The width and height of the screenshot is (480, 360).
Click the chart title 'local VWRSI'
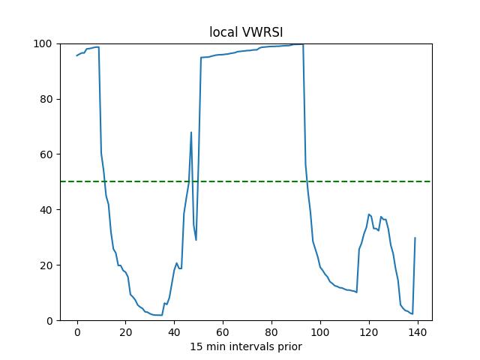coord(246,32)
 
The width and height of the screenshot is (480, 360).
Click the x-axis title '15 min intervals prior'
coord(246,346)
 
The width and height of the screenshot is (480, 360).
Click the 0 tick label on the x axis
coord(77,332)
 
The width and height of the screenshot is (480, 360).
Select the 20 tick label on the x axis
coord(126,332)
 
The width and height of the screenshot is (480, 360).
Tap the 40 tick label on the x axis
coord(175,332)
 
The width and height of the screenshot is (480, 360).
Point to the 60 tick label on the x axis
coord(223,332)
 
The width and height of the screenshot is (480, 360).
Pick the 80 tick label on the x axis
coord(271,332)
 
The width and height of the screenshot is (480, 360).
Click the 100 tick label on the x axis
coord(320,332)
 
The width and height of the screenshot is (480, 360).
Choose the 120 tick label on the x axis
coord(369,332)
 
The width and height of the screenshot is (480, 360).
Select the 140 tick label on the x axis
coord(418,332)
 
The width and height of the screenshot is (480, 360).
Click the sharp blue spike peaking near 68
coord(191,133)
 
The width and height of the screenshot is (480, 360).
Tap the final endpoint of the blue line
coord(415,238)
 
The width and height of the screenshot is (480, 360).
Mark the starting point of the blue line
coord(77,55)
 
